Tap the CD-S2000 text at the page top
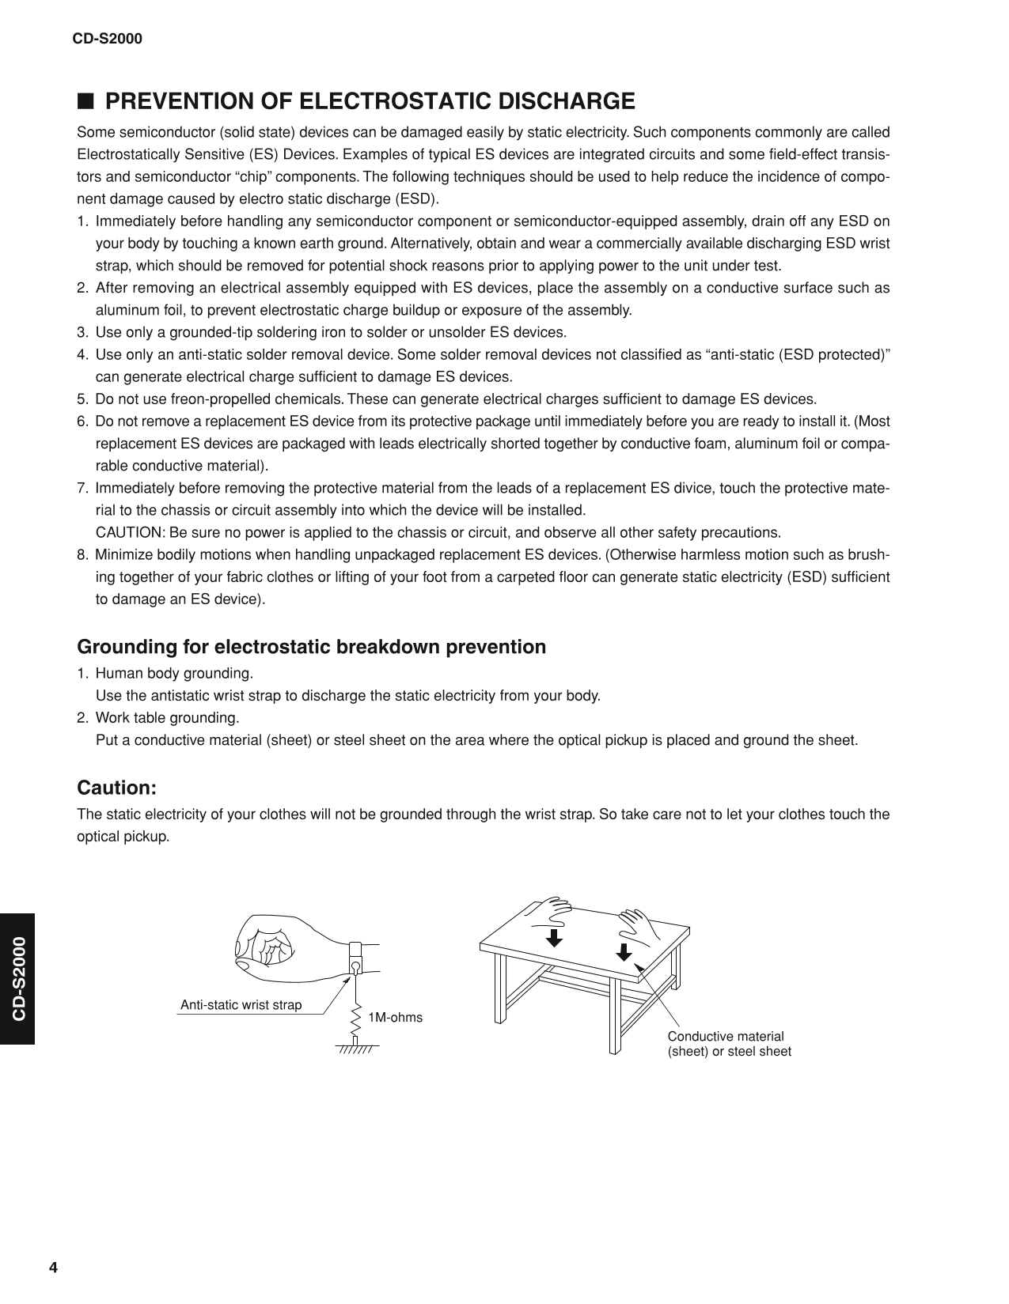108,38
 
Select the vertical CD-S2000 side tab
17,978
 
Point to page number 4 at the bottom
54,1268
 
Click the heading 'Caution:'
117,788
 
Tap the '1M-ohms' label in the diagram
396,1018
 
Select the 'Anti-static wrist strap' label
241,1005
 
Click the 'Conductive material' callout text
726,1037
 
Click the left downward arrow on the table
555,937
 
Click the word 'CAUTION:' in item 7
131,532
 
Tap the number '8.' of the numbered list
83,554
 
